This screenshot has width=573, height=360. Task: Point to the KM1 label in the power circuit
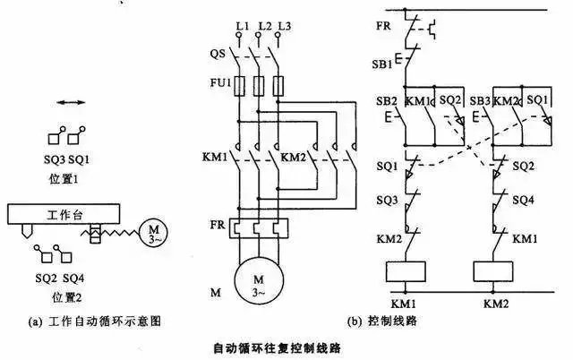click(x=216, y=157)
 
